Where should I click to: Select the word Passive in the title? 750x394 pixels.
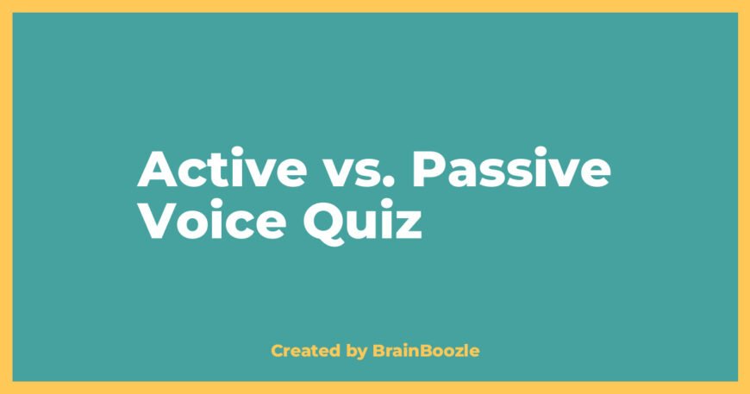pyautogui.click(x=511, y=172)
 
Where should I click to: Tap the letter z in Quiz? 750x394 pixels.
pyautogui.click(x=409, y=225)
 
